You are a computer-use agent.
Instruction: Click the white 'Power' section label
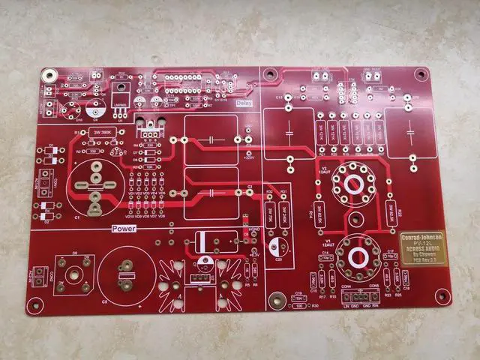123,228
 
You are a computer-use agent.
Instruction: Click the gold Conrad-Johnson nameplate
424,244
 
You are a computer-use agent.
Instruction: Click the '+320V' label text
249,157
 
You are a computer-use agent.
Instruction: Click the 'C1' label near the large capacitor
77,217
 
